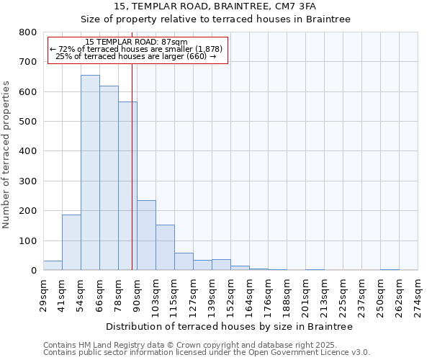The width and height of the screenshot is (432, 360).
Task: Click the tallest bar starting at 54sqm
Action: [90, 173]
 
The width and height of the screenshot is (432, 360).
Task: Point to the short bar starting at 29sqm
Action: [53, 265]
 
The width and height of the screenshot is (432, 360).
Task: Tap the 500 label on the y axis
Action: [27, 122]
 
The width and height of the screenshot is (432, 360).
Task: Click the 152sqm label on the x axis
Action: [230, 294]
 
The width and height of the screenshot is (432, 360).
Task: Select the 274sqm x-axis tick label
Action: [418, 294]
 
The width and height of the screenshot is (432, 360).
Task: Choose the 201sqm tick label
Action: [305, 294]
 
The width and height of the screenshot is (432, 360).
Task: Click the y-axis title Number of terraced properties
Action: [6, 155]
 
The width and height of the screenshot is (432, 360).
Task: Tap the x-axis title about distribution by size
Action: [229, 326]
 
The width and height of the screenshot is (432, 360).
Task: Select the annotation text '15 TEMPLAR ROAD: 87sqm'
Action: [136, 42]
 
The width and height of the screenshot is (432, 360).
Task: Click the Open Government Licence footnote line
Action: [207, 353]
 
